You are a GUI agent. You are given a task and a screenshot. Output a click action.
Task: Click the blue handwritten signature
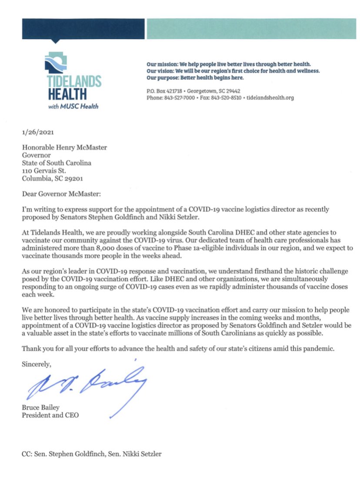pos(87,383)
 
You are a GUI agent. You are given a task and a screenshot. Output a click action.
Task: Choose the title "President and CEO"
pos(50,415)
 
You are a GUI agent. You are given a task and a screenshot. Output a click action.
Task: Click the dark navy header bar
pos(83,29)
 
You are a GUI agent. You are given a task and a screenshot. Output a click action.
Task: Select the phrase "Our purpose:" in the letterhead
pos(162,78)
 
